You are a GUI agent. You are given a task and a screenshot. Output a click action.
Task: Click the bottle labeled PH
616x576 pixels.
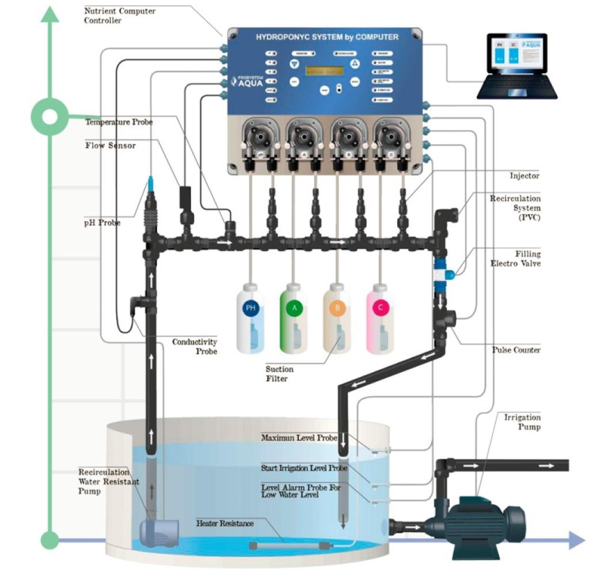(x=250, y=320)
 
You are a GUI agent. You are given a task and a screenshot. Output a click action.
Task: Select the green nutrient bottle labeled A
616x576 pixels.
(x=294, y=320)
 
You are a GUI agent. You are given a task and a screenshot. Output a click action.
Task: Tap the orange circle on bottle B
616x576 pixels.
(x=338, y=308)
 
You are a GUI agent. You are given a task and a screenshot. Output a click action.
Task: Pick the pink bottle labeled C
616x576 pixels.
(x=381, y=320)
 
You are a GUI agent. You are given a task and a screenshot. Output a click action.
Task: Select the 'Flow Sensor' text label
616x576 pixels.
(x=111, y=146)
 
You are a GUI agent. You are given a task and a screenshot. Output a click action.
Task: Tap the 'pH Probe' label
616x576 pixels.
(x=102, y=222)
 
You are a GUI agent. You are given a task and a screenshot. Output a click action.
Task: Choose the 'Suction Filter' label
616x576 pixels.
(x=279, y=374)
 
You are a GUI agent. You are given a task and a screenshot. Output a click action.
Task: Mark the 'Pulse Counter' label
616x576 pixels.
(x=516, y=350)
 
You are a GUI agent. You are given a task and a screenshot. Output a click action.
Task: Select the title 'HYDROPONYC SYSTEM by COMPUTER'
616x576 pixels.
(x=327, y=37)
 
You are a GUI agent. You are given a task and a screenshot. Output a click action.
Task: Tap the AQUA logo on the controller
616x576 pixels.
(x=246, y=82)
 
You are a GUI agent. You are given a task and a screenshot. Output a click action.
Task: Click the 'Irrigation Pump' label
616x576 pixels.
(x=522, y=422)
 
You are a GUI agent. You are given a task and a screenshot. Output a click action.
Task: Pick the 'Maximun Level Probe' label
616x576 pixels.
(x=298, y=438)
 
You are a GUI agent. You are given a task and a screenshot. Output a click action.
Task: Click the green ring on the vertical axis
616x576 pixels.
(x=51, y=117)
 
